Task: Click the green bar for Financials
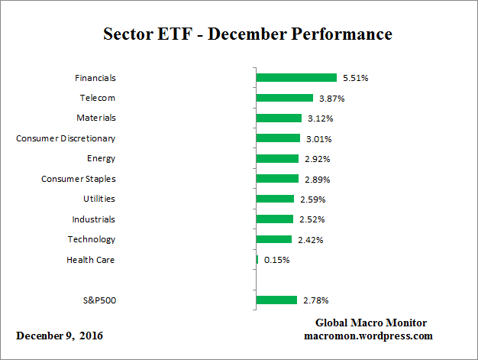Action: pyautogui.click(x=296, y=78)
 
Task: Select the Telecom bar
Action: pyautogui.click(x=285, y=98)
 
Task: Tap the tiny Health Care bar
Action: pyautogui.click(x=257, y=260)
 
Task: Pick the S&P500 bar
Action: pyautogui.click(x=276, y=300)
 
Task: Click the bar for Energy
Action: pyautogui.click(x=277, y=159)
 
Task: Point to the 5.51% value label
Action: pyautogui.click(x=356, y=78)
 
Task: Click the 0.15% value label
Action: pyautogui.click(x=276, y=260)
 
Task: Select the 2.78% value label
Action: pyautogui.click(x=316, y=300)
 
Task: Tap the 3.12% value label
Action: pyautogui.click(x=321, y=118)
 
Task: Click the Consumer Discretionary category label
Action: pyautogui.click(x=66, y=138)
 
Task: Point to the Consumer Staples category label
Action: pyautogui.click(x=78, y=179)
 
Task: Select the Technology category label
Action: pyautogui.click(x=92, y=239)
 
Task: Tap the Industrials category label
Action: pyautogui.click(x=93, y=219)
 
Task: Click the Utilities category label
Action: pyautogui.click(x=99, y=199)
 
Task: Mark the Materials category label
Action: pyautogui.click(x=96, y=118)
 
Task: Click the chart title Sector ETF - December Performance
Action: pyautogui.click(x=247, y=34)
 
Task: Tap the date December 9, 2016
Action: pyautogui.click(x=60, y=336)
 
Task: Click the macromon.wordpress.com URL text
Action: pyautogui.click(x=369, y=336)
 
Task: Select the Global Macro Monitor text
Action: pyautogui.click(x=370, y=323)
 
